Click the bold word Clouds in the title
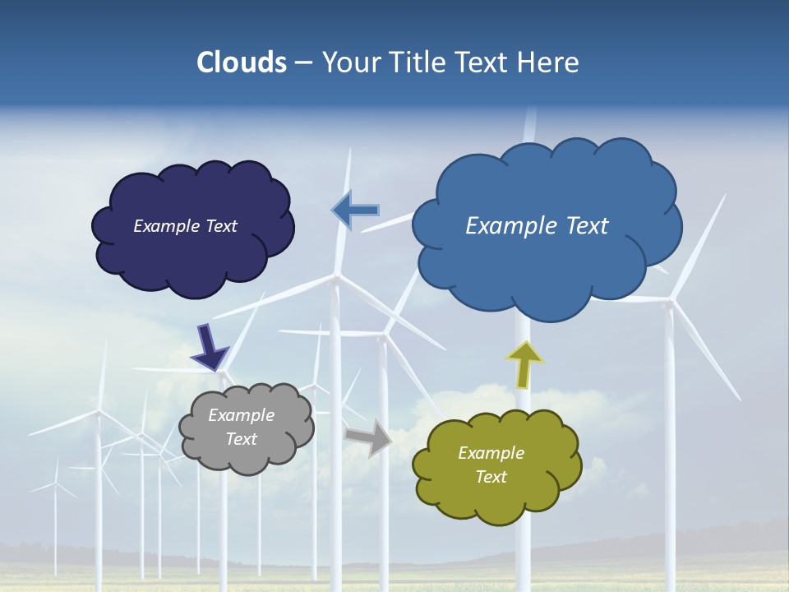point(242,62)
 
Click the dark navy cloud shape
point(193,263)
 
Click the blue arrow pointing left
point(355,210)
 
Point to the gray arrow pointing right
point(369,437)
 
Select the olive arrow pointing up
point(524,363)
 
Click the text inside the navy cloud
point(185,226)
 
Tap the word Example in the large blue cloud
point(504,226)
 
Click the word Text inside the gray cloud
point(242,439)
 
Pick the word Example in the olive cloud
point(491,453)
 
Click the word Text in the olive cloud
point(491,477)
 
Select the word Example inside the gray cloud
point(242,415)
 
